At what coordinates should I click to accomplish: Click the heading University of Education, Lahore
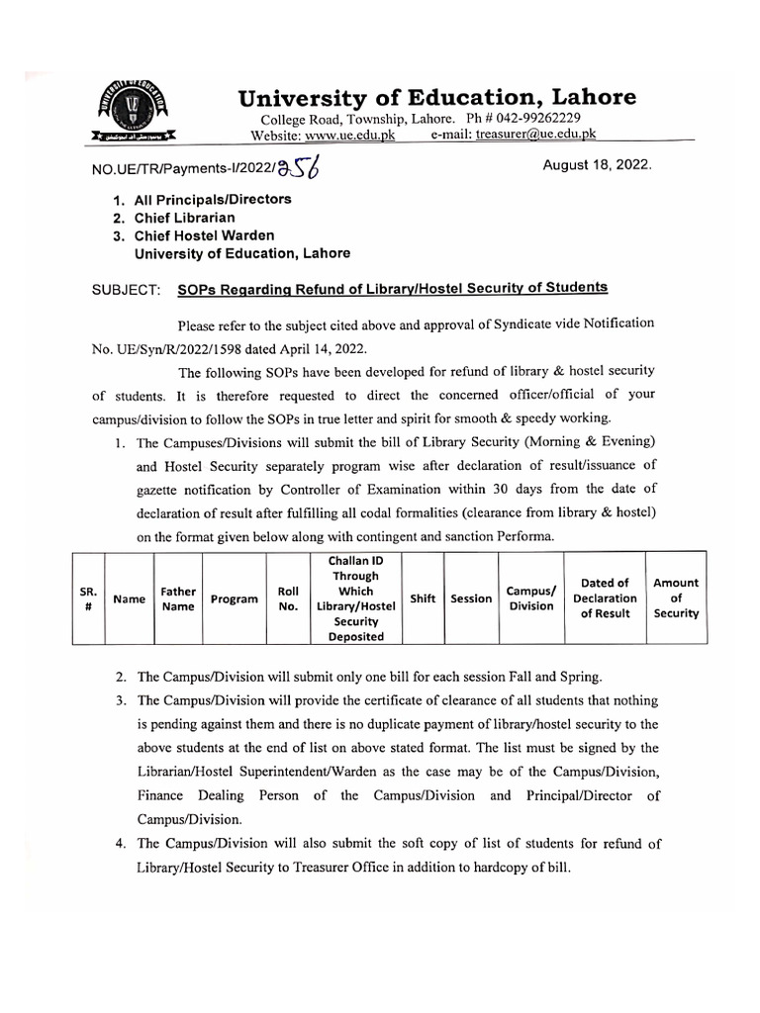[x=436, y=97]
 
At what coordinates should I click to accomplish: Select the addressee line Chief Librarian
[x=203, y=217]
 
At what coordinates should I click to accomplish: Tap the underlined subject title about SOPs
[x=393, y=288]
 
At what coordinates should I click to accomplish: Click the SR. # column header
[x=86, y=599]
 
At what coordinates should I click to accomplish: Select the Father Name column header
[x=177, y=599]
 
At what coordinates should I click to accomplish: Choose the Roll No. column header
[x=289, y=599]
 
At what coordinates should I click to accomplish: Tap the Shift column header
[x=423, y=599]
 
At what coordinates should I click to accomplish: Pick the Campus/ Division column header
[x=531, y=599]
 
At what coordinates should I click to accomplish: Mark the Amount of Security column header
[x=676, y=599]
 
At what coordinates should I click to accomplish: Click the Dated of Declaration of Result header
[x=605, y=599]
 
